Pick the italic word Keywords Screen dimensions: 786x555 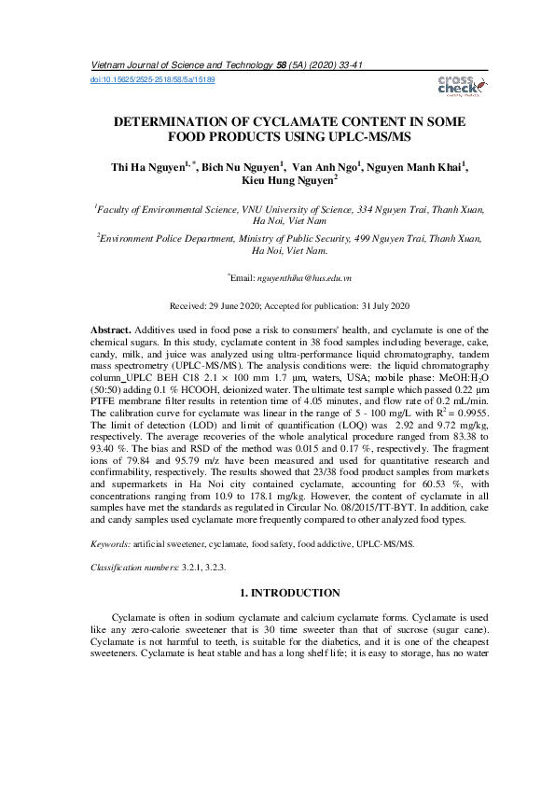tap(109, 542)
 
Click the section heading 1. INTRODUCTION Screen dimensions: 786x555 tap(277, 593)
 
